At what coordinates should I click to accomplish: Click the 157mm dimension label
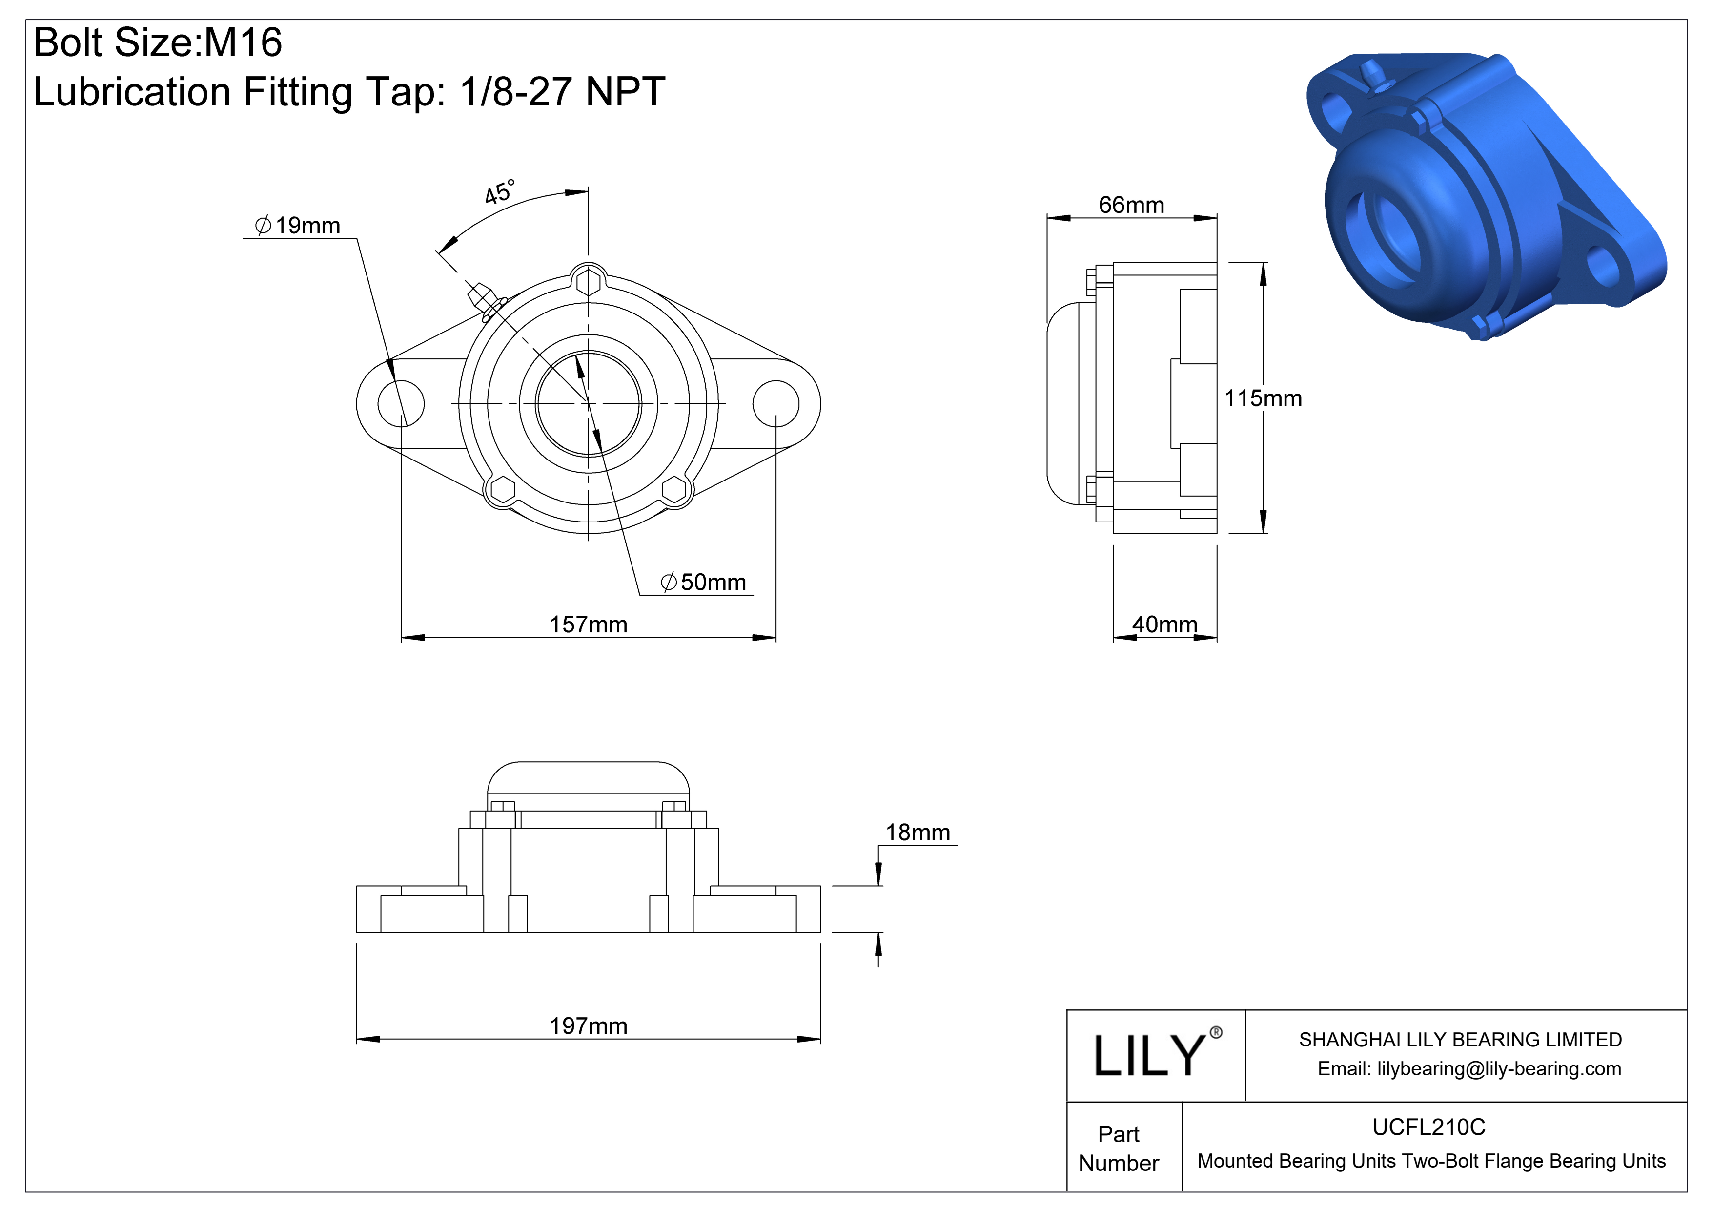click(588, 624)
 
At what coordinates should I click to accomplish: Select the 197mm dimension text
click(588, 1025)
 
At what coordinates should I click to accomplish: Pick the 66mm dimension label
click(1131, 205)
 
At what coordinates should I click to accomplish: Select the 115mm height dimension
click(1263, 398)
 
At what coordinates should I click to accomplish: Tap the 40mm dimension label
click(1164, 624)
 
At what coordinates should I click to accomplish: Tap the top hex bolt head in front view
click(589, 283)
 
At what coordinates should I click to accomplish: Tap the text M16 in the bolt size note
click(243, 42)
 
